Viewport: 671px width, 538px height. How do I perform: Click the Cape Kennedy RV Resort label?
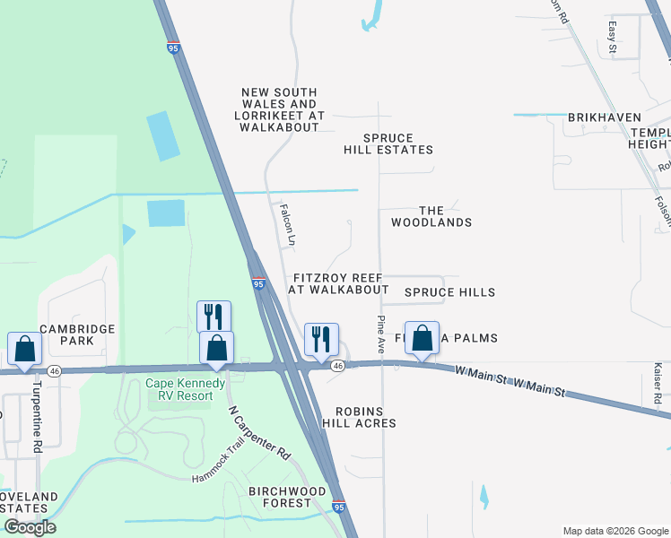[179, 389]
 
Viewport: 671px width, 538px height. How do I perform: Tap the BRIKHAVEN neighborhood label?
[604, 117]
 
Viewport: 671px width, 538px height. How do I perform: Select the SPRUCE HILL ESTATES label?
[388, 143]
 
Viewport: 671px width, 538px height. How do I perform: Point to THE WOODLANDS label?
[431, 215]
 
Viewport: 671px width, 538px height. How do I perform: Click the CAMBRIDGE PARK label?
[76, 335]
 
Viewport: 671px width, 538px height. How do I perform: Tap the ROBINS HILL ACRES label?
[365, 416]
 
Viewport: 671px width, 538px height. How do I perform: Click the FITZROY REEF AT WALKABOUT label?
[339, 283]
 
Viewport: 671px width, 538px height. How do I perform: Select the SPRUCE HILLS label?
[449, 292]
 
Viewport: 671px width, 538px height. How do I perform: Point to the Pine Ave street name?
[381, 334]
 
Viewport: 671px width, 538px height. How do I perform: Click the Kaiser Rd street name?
[658, 382]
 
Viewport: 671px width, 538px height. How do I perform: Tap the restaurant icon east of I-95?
[321, 339]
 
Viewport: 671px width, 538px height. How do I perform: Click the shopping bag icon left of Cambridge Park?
[24, 347]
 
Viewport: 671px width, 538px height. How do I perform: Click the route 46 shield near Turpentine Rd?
[55, 370]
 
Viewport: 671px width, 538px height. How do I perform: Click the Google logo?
[30, 527]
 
